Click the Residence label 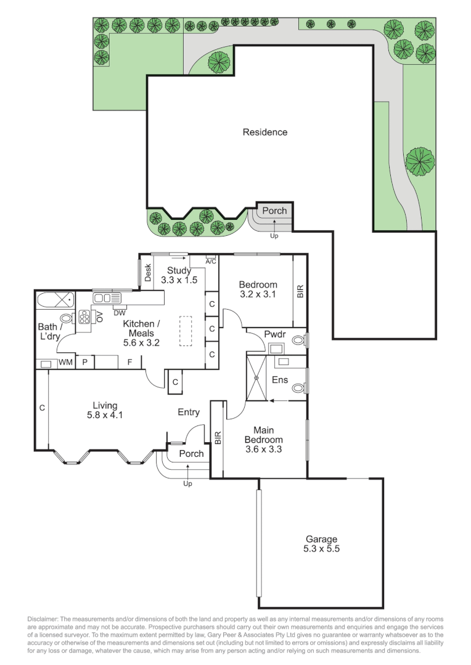click(x=264, y=132)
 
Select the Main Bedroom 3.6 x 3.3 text click(x=263, y=440)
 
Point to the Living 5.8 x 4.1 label click(x=105, y=410)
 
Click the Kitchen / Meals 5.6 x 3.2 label click(x=141, y=333)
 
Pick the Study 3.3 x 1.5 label click(x=179, y=275)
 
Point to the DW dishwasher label click(x=119, y=311)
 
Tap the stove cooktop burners click(x=84, y=318)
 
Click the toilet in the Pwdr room click(x=298, y=339)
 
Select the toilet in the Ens click(x=299, y=387)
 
